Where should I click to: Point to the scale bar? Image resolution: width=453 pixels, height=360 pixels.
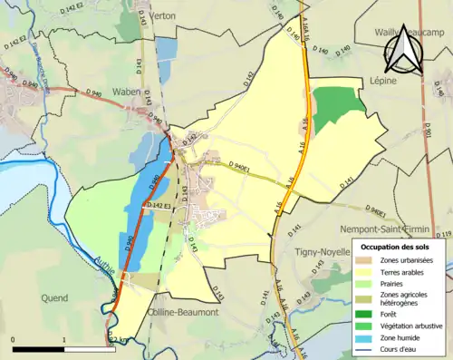(x=63, y=347)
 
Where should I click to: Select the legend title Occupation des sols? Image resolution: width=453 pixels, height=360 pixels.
(x=396, y=246)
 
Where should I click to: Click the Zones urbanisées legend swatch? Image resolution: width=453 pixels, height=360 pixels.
(x=367, y=261)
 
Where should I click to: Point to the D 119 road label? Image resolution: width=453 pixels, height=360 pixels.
(x=444, y=235)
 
